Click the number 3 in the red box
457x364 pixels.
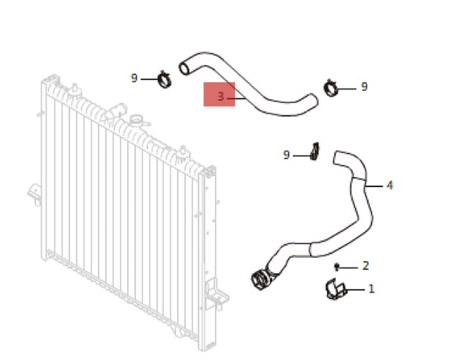pyautogui.click(x=221, y=97)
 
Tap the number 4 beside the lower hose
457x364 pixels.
pyautogui.click(x=390, y=185)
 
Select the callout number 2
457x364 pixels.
pyautogui.click(x=366, y=266)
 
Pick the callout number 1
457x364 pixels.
pyautogui.click(x=371, y=289)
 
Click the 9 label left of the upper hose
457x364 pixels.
pyautogui.click(x=134, y=78)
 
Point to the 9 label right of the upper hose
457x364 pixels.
pyautogui.click(x=364, y=86)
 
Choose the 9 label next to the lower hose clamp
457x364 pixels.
pyautogui.click(x=286, y=155)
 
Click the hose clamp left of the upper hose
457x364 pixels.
pyautogui.click(x=165, y=79)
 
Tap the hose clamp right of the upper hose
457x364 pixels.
pyautogui.click(x=331, y=88)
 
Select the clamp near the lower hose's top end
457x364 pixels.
pyautogui.click(x=314, y=151)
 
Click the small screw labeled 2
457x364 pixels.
pyautogui.click(x=337, y=267)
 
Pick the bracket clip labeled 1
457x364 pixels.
pyautogui.click(x=335, y=289)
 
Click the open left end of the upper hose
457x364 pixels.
pyautogui.click(x=184, y=68)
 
